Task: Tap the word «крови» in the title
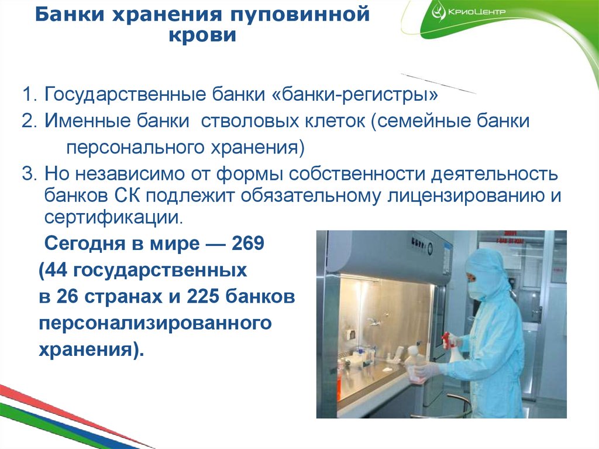tap(202, 36)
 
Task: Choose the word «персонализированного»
tap(156, 323)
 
